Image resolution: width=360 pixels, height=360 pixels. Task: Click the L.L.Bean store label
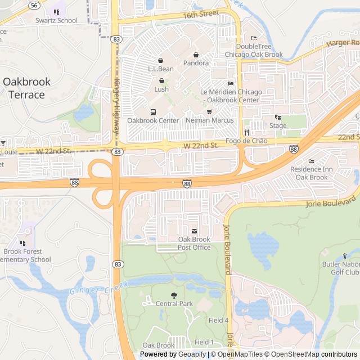click(x=160, y=69)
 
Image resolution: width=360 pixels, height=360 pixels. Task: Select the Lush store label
click(x=161, y=89)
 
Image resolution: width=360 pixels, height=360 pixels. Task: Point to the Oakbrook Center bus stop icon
click(x=153, y=111)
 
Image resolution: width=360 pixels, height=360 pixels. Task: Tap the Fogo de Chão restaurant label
click(x=246, y=141)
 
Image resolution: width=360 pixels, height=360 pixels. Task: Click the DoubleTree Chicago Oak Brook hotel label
click(x=254, y=50)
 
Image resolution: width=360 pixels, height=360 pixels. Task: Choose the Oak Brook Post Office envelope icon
click(x=194, y=231)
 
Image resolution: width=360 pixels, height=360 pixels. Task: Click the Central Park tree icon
click(x=174, y=295)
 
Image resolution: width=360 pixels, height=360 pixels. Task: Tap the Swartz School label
click(x=56, y=20)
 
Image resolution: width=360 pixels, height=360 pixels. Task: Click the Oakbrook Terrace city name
click(x=26, y=88)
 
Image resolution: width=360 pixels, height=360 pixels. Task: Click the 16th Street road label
click(x=200, y=13)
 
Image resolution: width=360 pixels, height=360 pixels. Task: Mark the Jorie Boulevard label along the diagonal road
click(x=331, y=201)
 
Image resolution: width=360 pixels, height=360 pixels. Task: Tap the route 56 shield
click(x=34, y=4)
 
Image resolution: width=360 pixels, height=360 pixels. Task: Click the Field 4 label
click(x=218, y=320)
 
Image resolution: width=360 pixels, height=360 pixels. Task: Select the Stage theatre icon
click(x=277, y=117)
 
